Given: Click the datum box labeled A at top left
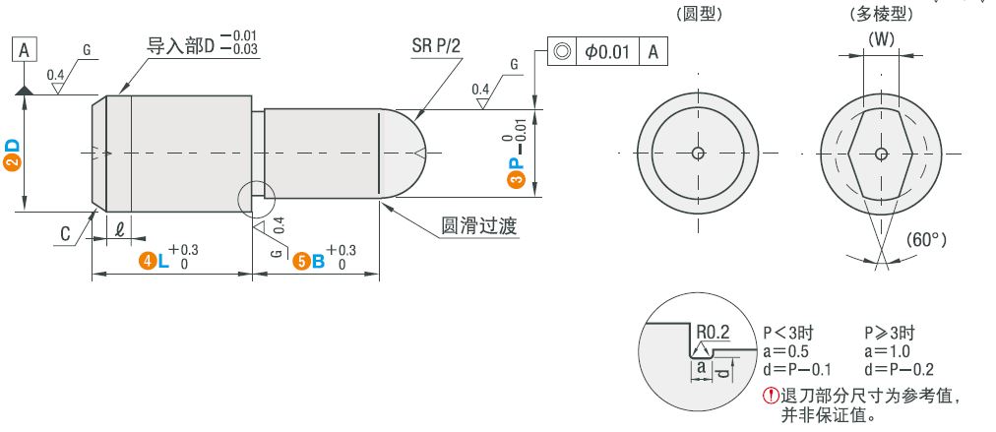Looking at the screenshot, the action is click(x=25, y=50).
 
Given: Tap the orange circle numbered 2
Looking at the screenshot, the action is click(x=12, y=163).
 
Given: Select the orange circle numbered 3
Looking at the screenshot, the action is click(x=518, y=180).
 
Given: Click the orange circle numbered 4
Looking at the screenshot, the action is click(x=148, y=261).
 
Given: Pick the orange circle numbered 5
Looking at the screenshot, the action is click(x=300, y=261).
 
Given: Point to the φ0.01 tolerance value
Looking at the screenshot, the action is click(x=607, y=51).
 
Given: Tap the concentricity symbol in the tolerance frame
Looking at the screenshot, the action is click(x=562, y=51).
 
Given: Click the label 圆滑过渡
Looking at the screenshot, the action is click(x=479, y=226).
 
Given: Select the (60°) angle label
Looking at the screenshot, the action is click(x=926, y=239).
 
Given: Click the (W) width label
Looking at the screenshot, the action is click(x=881, y=39).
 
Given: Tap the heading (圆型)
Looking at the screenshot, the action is click(x=700, y=14).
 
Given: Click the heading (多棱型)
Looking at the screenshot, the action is click(x=881, y=14).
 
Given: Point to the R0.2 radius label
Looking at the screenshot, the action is click(x=714, y=332).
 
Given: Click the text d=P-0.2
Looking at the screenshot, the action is click(x=899, y=369).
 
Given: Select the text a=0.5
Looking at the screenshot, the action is click(x=787, y=351).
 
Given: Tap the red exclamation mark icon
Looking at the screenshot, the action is click(x=771, y=396).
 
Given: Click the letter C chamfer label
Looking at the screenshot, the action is click(x=65, y=234).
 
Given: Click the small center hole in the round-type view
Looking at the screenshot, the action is click(x=698, y=154).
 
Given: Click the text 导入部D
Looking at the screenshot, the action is click(x=182, y=46).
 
